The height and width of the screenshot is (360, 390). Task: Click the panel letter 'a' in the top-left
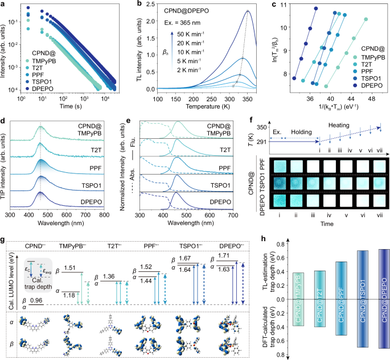(3, 5)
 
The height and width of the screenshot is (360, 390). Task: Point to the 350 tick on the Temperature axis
(248, 97)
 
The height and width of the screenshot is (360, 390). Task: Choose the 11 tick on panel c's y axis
(285, 7)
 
